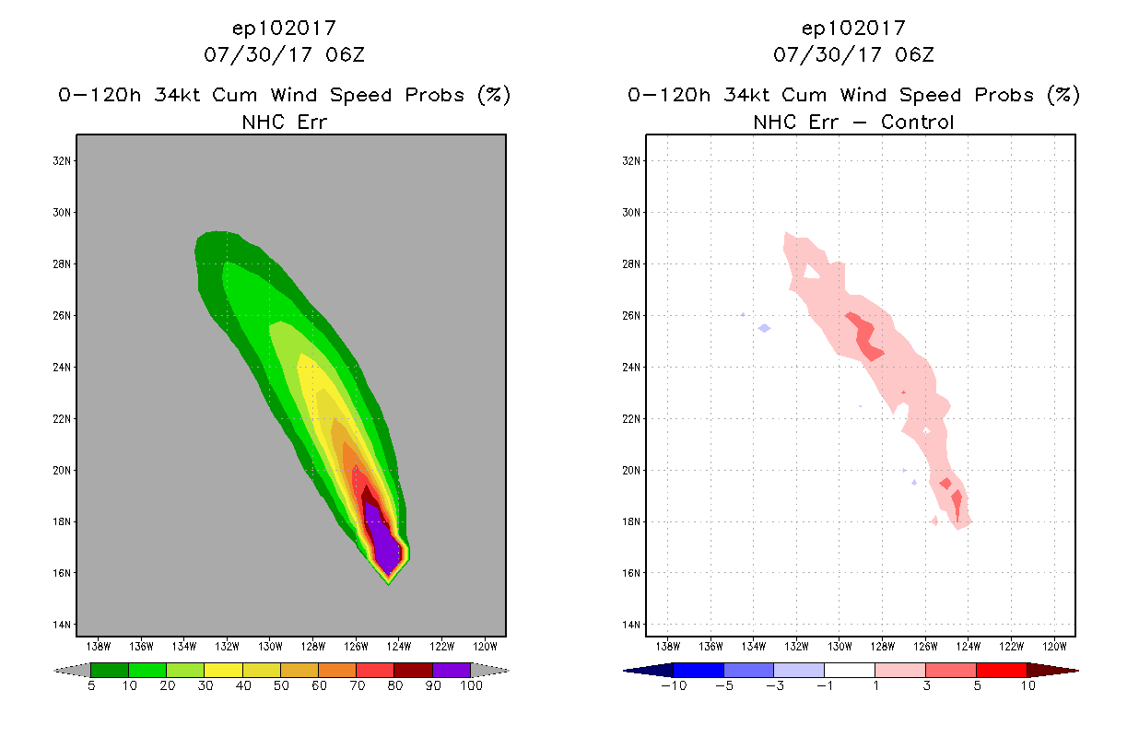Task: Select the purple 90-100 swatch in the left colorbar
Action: pyautogui.click(x=452, y=670)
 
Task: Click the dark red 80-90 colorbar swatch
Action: pyautogui.click(x=413, y=670)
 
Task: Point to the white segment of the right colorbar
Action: pyautogui.click(x=849, y=670)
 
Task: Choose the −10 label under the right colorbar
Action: pyautogui.click(x=673, y=685)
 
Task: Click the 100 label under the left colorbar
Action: pyautogui.click(x=471, y=685)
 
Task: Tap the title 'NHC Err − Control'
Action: pyautogui.click(x=853, y=122)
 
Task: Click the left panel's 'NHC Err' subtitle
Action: pyautogui.click(x=284, y=122)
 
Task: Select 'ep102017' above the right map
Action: pyautogui.click(x=853, y=28)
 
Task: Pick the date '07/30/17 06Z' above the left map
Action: pyautogui.click(x=284, y=54)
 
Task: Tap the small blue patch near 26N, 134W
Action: pyautogui.click(x=764, y=328)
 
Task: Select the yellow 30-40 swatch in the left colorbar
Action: pyautogui.click(x=223, y=670)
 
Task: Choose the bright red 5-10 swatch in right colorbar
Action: pyautogui.click(x=1001, y=670)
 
